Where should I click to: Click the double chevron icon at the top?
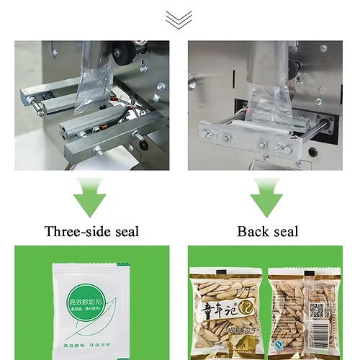(180, 19)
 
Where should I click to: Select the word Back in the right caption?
(251, 232)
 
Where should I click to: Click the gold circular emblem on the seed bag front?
(243, 308)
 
